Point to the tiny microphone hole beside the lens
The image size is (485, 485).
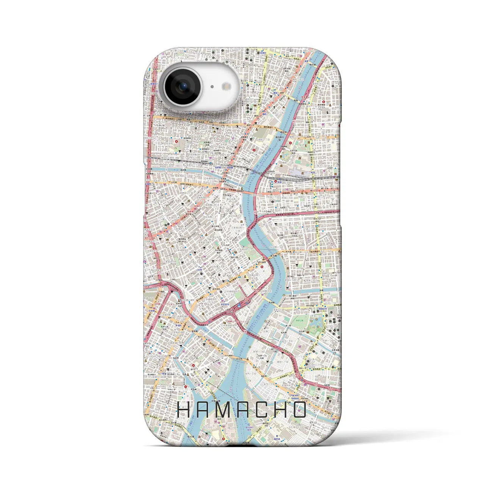212,87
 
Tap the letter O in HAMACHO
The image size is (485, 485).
299,410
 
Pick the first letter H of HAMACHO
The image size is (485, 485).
185,410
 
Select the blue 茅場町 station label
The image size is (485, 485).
178,325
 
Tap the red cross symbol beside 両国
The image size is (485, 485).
275,181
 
